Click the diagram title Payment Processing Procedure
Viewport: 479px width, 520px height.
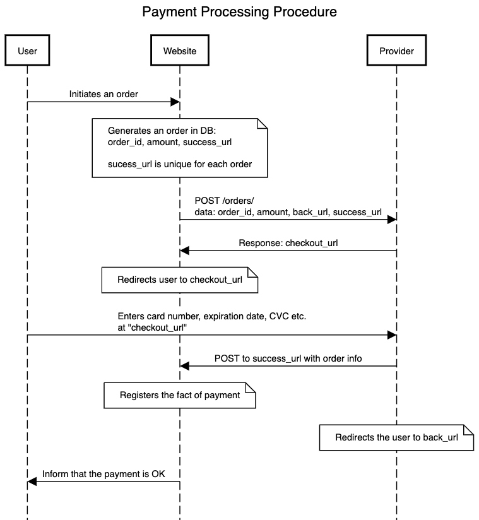click(240, 12)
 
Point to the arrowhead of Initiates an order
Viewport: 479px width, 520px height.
click(175, 102)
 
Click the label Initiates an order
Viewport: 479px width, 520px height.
click(103, 94)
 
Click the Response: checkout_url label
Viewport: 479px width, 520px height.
click(288, 243)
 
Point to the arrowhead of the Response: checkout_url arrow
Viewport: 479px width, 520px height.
click(184, 251)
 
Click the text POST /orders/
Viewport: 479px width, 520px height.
click(224, 201)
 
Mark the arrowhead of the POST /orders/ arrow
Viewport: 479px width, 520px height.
click(392, 219)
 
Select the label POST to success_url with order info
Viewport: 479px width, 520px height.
click(288, 358)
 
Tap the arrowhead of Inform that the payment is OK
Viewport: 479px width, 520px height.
click(32, 482)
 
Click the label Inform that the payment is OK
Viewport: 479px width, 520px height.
click(103, 474)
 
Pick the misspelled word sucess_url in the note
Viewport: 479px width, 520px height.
click(130, 165)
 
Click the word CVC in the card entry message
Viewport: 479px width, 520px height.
click(279, 316)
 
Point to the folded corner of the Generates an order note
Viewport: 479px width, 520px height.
click(263, 123)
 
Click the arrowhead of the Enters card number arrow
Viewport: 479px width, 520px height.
click(392, 335)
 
